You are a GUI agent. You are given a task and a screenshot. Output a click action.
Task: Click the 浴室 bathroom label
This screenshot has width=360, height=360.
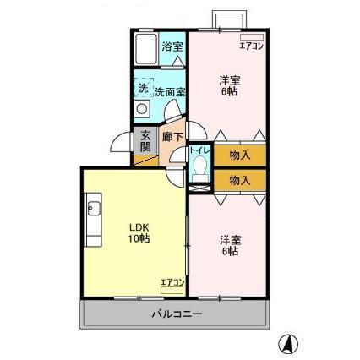pyautogui.click(x=172, y=46)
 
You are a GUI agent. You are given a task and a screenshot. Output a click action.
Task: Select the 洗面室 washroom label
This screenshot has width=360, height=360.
pyautogui.click(x=169, y=90)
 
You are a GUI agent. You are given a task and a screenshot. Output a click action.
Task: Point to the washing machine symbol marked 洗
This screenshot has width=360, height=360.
pyautogui.click(x=143, y=87)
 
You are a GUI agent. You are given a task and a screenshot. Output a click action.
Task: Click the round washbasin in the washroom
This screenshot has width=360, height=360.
pyautogui.click(x=142, y=110)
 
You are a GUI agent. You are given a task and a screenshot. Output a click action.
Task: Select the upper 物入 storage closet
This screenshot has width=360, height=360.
pyautogui.click(x=239, y=155)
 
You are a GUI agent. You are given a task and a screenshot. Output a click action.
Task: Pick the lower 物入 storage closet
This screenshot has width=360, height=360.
pyautogui.click(x=239, y=180)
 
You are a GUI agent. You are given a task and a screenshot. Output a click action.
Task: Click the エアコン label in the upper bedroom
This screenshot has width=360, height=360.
pyautogui.click(x=251, y=46)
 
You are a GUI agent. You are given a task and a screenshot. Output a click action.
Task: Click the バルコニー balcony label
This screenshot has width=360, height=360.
pyautogui.click(x=177, y=314)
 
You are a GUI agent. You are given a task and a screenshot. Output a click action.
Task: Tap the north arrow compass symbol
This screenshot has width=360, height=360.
pyautogui.click(x=288, y=343)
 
